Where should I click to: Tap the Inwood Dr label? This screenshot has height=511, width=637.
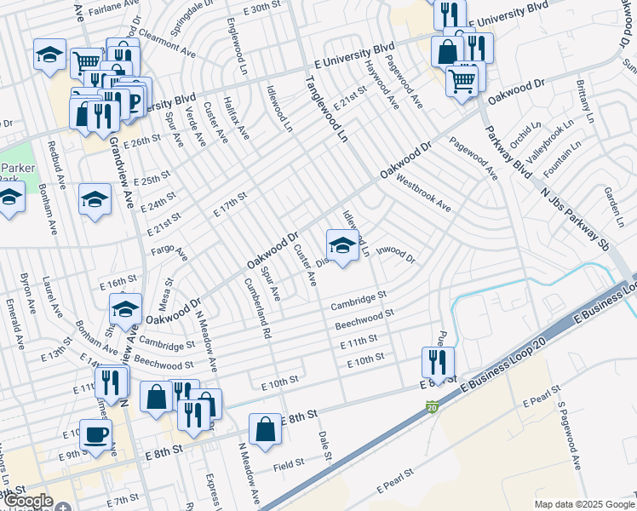[x=395, y=254]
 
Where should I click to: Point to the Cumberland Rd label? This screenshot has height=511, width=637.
[x=255, y=309]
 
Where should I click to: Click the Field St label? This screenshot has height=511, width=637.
[x=290, y=467]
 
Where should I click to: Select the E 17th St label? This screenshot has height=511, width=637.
[x=230, y=204]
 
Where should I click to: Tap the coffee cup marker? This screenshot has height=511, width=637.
[x=95, y=433]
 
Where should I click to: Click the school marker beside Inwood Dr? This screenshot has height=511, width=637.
[x=342, y=246]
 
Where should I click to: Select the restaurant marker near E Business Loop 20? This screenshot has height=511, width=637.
[x=438, y=363]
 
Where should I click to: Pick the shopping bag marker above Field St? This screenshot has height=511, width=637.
[x=265, y=429]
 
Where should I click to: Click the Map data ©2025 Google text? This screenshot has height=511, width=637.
[x=584, y=504]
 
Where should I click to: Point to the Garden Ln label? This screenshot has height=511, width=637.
[x=610, y=202]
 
